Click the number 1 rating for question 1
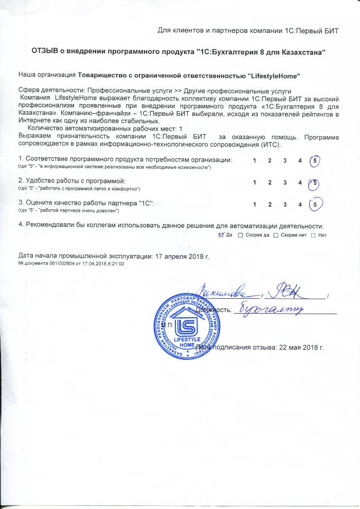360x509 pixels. pyautogui.click(x=255, y=161)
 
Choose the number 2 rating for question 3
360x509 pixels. pyautogui.click(x=269, y=204)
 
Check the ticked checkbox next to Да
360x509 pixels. pyautogui.click(x=221, y=235)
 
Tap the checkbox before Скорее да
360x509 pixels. pyautogui.click(x=240, y=235)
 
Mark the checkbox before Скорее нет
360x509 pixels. pyautogui.click(x=276, y=235)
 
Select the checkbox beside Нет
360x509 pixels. pyautogui.click(x=313, y=235)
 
